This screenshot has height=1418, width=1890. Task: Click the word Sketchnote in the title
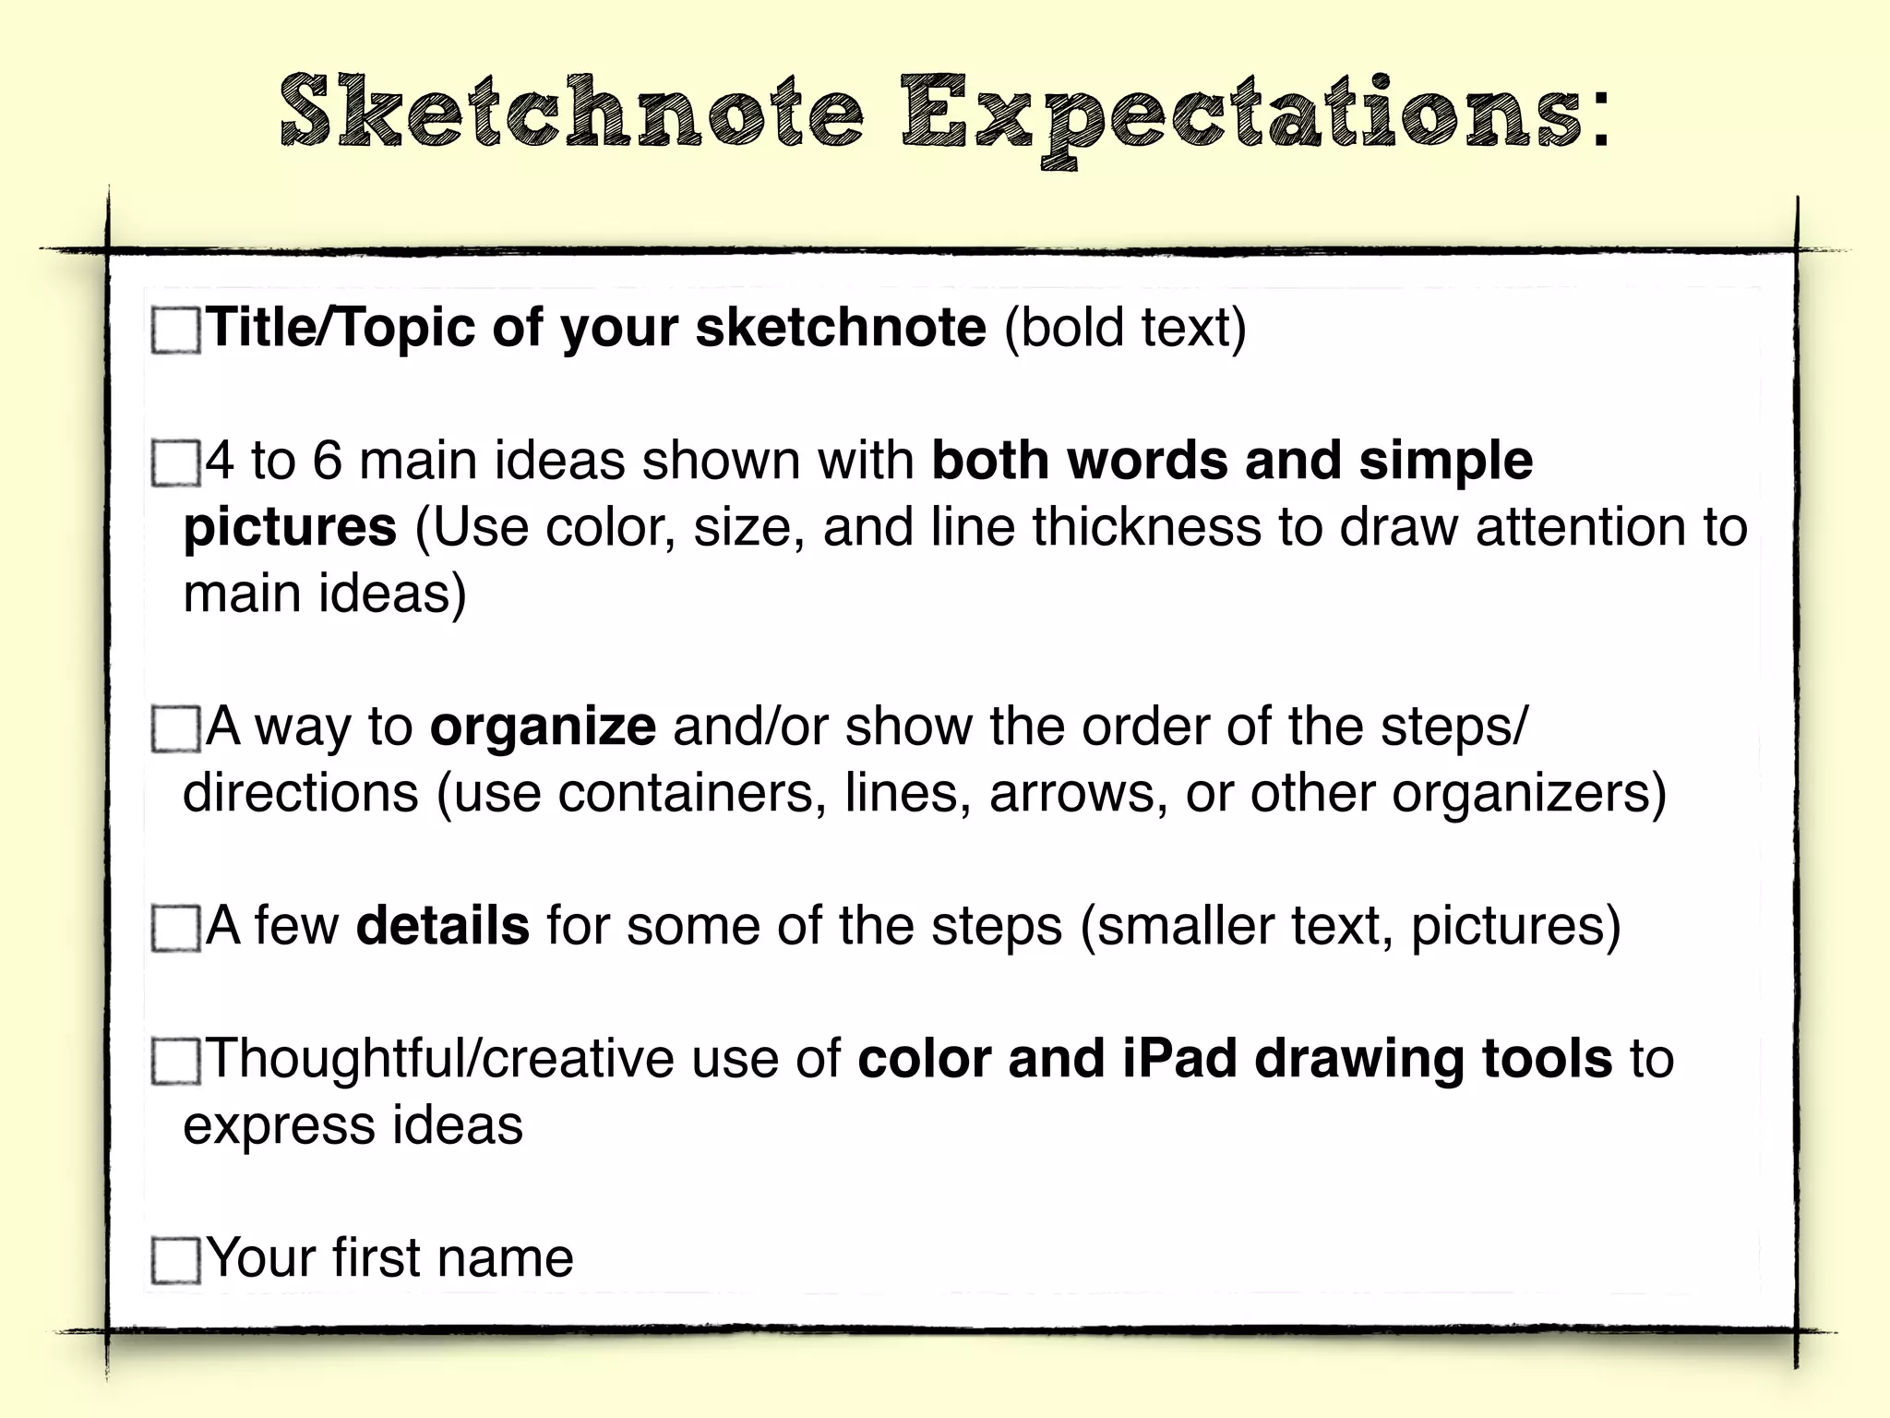572,113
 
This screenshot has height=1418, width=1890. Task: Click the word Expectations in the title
1241,116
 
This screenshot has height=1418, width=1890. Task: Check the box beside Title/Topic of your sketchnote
175,330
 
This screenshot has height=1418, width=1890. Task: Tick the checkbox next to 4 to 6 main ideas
175,463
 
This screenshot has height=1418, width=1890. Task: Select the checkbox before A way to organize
175,729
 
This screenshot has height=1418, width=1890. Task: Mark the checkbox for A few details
175,928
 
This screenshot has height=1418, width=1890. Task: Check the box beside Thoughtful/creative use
175,1061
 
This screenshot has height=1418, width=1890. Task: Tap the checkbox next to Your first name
175,1260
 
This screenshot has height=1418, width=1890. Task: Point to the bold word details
443,926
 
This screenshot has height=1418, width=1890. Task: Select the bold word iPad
1179,1059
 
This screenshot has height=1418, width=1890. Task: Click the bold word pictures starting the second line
290,528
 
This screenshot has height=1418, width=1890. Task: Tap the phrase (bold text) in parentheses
1125,329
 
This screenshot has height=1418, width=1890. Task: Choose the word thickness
1147,527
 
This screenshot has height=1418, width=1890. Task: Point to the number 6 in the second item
327,461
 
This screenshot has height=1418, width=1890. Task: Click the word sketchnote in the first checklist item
841,328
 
